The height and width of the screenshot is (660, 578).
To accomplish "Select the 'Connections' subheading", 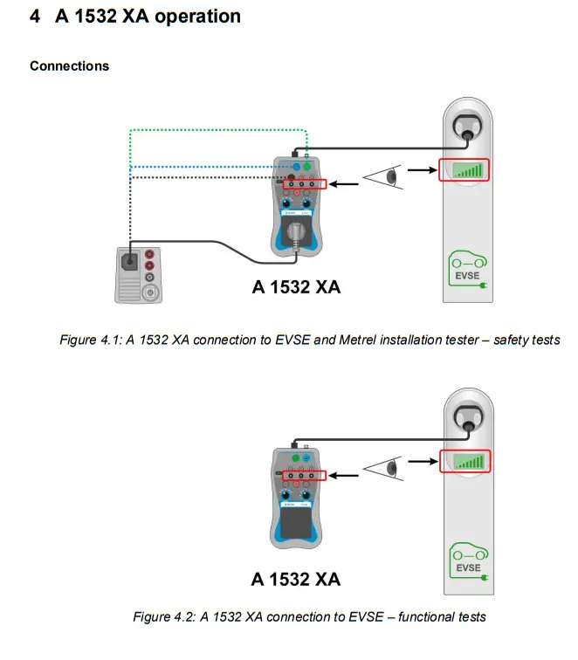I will point(70,66).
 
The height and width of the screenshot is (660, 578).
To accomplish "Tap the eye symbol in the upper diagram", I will point(384,178).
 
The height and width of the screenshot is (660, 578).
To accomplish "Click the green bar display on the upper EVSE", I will point(464,170).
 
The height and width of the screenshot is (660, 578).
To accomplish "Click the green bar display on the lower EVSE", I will point(464,461).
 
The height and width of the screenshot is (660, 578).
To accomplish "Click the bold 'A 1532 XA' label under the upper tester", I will point(296,287).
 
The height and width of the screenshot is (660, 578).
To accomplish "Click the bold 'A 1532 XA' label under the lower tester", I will point(295,579).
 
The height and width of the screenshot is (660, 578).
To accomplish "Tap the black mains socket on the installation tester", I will point(130,259).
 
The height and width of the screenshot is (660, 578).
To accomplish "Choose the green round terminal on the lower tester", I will point(295,456).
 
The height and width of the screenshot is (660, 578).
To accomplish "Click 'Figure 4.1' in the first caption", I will point(90,340).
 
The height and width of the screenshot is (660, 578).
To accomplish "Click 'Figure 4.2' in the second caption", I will point(163,617).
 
